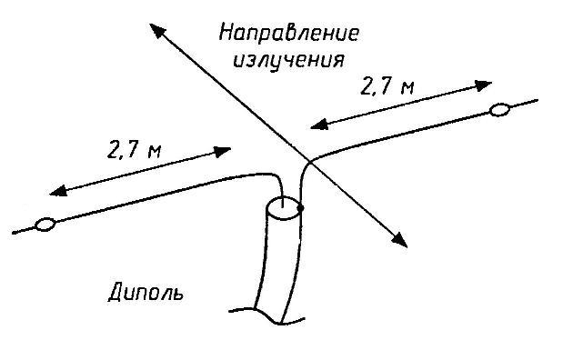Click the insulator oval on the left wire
(44, 225)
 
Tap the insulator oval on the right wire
(499, 111)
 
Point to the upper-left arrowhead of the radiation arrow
(156, 30)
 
